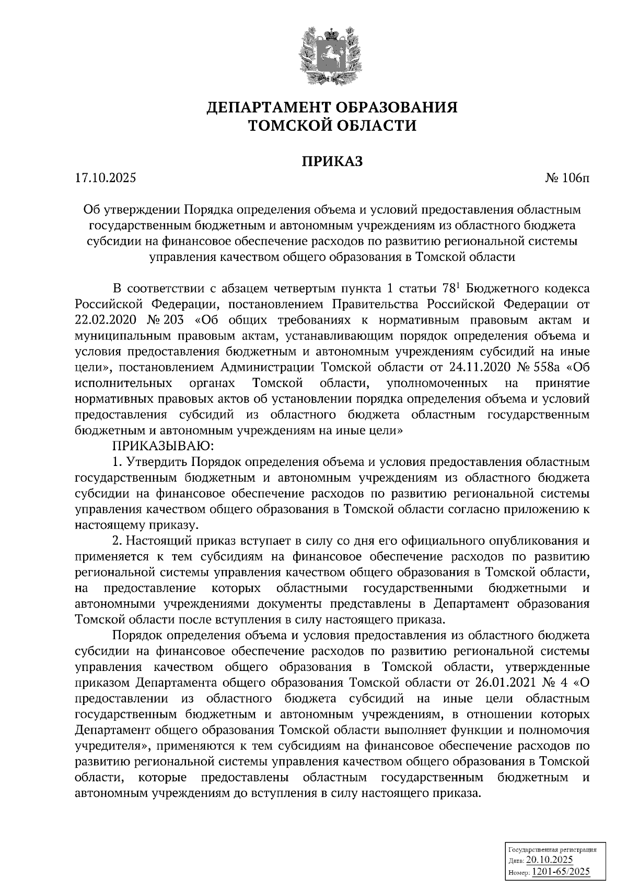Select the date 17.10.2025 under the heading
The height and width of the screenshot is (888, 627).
point(105,178)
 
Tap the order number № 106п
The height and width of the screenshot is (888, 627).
point(567,178)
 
